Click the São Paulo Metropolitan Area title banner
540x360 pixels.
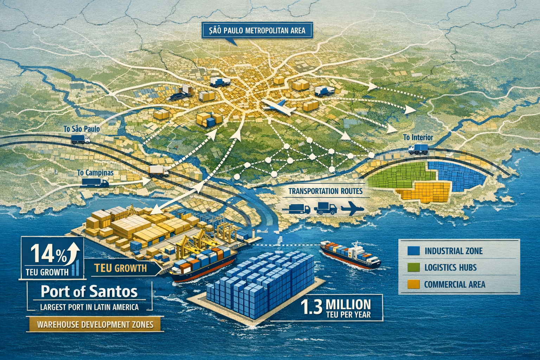[x=256, y=31]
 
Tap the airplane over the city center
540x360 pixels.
[x=279, y=107]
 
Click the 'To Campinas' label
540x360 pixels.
[x=95, y=173]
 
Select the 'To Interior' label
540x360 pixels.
[x=418, y=137]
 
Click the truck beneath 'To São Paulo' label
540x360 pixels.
[x=80, y=140]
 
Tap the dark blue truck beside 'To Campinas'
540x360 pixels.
[x=95, y=182]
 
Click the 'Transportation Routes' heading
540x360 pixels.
[x=325, y=191]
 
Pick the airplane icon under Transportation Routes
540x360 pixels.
[x=351, y=209]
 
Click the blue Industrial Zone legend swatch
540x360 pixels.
[x=413, y=251]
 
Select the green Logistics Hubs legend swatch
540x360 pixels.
[x=413, y=267]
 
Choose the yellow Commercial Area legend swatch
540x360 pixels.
[x=413, y=284]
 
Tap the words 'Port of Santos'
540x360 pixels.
[x=89, y=291]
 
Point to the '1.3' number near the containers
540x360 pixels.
[x=311, y=307]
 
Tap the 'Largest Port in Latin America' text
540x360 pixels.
[x=89, y=307]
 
